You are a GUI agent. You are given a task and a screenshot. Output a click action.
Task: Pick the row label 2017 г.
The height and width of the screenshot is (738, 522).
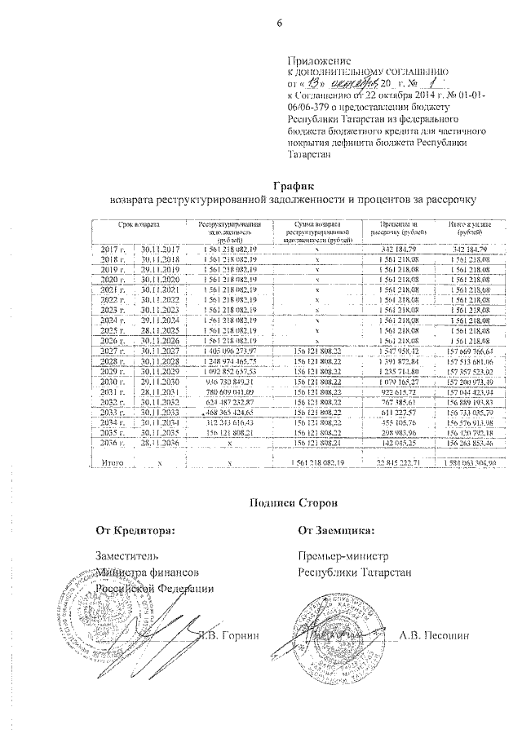pyautogui.click(x=110, y=249)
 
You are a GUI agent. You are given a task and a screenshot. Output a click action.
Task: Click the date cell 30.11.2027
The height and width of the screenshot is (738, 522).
pyautogui.click(x=160, y=351)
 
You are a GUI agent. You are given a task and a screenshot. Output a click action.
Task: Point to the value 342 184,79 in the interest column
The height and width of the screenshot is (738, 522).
pyautogui.click(x=397, y=249)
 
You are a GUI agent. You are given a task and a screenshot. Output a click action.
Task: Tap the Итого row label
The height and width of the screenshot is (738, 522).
pyautogui.click(x=112, y=462)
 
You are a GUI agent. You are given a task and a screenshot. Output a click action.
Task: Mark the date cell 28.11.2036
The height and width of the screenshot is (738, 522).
pyautogui.click(x=160, y=444)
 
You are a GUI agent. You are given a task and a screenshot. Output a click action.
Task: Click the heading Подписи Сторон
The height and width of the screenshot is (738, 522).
pyautogui.click(x=291, y=502)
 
